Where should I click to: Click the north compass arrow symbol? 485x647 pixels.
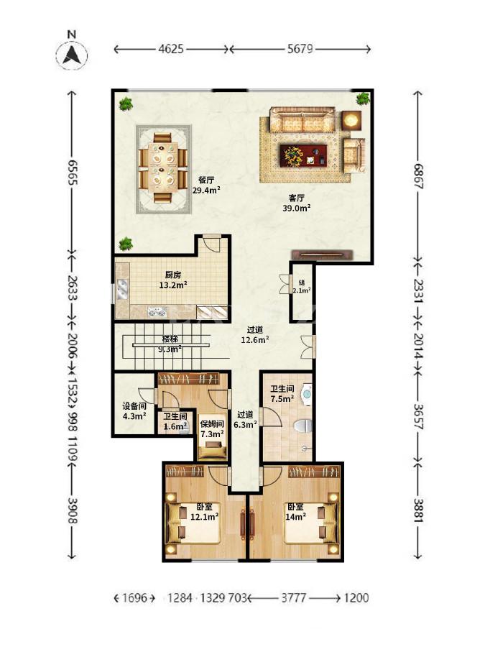(71, 55)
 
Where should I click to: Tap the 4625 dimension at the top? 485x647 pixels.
(171, 49)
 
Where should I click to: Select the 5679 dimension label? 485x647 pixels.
(300, 49)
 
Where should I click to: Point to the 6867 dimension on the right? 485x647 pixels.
(418, 176)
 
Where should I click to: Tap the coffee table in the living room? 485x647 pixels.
(303, 155)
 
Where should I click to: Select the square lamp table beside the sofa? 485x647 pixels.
(351, 121)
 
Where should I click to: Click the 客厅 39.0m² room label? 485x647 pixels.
(297, 203)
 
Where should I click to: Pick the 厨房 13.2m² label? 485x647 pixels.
(173, 280)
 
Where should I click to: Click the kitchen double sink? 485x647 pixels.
(122, 290)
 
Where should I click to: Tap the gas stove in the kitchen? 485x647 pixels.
(157, 312)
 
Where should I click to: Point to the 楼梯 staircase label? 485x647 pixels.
(170, 339)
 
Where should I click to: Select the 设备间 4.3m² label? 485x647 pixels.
(134, 411)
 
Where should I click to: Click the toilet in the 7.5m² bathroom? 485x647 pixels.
(303, 426)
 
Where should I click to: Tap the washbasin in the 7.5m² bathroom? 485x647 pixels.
(308, 395)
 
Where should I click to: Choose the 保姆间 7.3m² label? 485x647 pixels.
(212, 428)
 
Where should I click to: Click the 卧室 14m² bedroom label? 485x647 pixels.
(296, 511)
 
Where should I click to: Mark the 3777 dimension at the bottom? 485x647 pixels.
(294, 597)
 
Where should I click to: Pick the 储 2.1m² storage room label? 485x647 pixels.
(302, 286)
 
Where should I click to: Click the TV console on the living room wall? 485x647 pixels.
(323, 255)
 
